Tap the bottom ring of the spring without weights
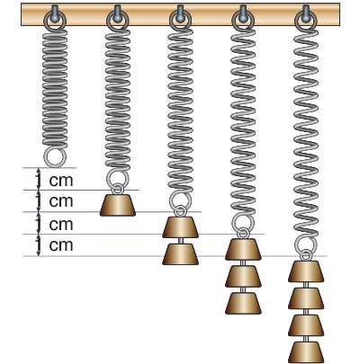point(44,157)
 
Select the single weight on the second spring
point(118,205)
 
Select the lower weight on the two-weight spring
point(180,254)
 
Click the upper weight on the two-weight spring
point(180,227)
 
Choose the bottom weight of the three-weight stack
point(243,303)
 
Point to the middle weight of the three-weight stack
point(243,277)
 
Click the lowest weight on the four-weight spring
point(306,352)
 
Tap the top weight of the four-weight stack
point(306,271)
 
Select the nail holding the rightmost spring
point(305,13)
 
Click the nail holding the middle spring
point(180,13)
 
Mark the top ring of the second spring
point(107,21)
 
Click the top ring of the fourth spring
point(233,21)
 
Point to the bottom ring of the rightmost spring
point(295,245)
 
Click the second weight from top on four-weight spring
point(306,298)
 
